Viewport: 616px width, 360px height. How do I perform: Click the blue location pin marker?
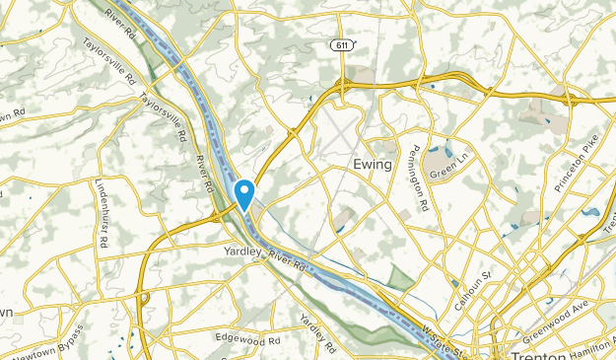click(244, 191)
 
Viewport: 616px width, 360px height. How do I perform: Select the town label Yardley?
click(238, 252)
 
